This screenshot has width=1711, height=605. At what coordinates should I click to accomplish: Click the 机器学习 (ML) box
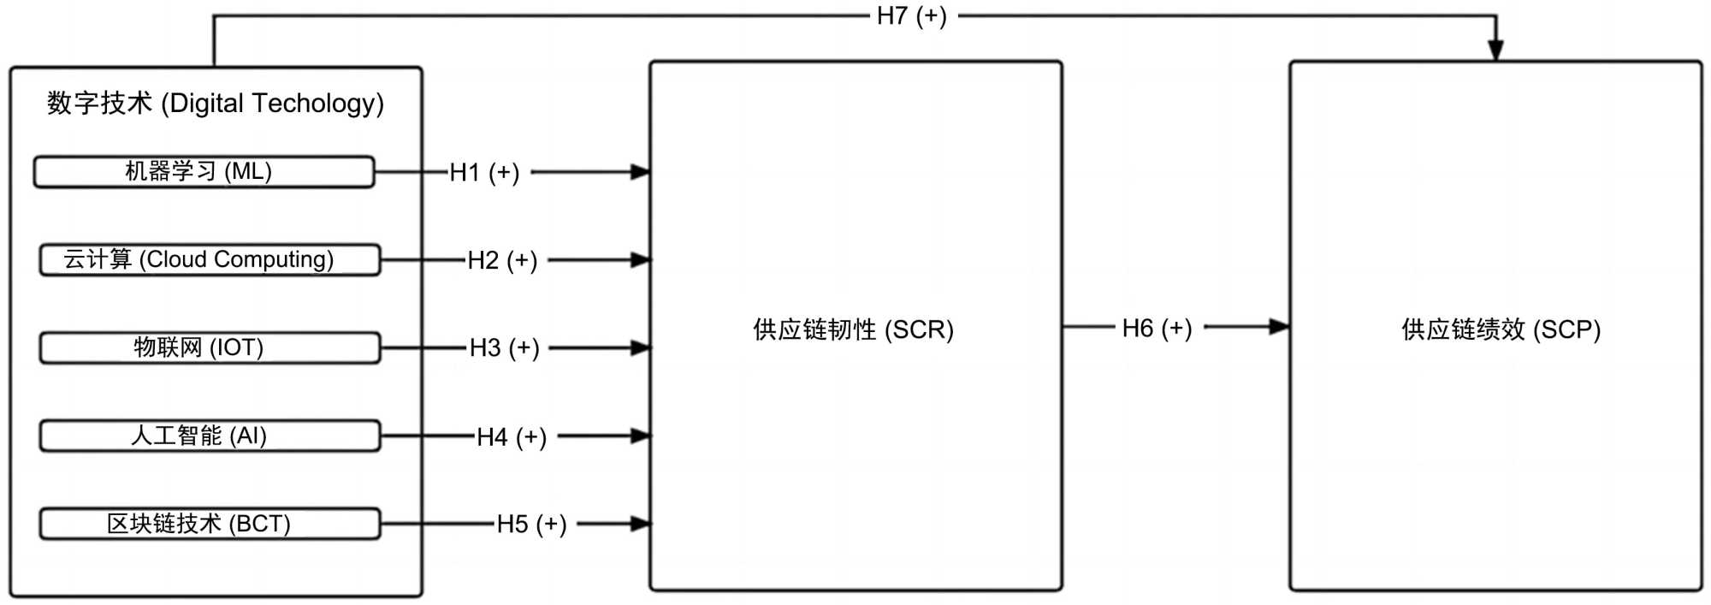(x=204, y=172)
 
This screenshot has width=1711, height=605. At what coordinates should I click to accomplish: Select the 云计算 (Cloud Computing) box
(x=210, y=260)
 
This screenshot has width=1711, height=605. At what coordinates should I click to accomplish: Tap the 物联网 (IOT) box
(x=210, y=348)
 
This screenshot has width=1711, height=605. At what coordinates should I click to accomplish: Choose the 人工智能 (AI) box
(x=210, y=436)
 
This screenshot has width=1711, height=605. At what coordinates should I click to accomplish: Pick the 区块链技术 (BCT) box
(x=210, y=524)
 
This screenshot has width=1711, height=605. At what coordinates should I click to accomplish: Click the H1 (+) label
(x=484, y=173)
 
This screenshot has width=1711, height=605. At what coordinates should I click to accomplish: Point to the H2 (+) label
(x=502, y=260)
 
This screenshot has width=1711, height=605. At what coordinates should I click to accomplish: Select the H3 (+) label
(x=504, y=348)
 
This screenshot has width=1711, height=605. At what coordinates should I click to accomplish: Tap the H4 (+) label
(x=511, y=437)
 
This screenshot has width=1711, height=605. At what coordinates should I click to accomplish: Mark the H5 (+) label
(x=531, y=524)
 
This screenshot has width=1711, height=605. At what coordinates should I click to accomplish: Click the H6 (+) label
(x=1157, y=328)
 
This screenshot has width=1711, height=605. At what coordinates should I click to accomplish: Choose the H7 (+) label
(x=911, y=16)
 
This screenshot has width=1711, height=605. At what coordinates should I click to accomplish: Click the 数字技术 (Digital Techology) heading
(x=216, y=104)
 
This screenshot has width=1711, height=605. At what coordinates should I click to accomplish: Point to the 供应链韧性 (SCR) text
(x=853, y=329)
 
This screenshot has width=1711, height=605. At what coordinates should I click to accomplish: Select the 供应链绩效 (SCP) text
(x=1501, y=329)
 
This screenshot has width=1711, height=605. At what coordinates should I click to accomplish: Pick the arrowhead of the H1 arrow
(x=640, y=172)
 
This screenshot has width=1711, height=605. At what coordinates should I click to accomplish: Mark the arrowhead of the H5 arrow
(x=640, y=524)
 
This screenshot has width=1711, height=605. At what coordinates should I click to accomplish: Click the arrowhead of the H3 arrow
(x=640, y=348)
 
